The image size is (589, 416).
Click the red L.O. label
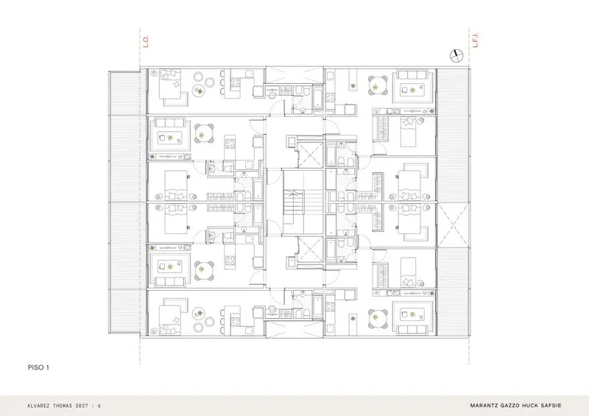tap(146, 41)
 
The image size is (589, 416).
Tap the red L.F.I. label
tap(475, 40)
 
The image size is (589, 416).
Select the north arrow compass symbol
tap(456, 56)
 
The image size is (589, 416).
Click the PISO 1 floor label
tap(38, 367)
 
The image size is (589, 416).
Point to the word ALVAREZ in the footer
tap(40, 406)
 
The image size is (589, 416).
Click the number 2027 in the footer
tap(82, 406)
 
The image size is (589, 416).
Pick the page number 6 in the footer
tap(99, 406)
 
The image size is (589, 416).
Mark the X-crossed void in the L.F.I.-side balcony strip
tap(453, 225)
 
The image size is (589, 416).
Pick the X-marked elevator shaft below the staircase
tap(310, 250)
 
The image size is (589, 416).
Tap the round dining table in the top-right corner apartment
tap(378, 85)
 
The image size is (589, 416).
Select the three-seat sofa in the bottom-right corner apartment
tap(413, 331)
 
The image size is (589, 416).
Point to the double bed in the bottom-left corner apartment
tap(170, 320)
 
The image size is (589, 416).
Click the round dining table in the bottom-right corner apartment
tap(378, 319)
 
